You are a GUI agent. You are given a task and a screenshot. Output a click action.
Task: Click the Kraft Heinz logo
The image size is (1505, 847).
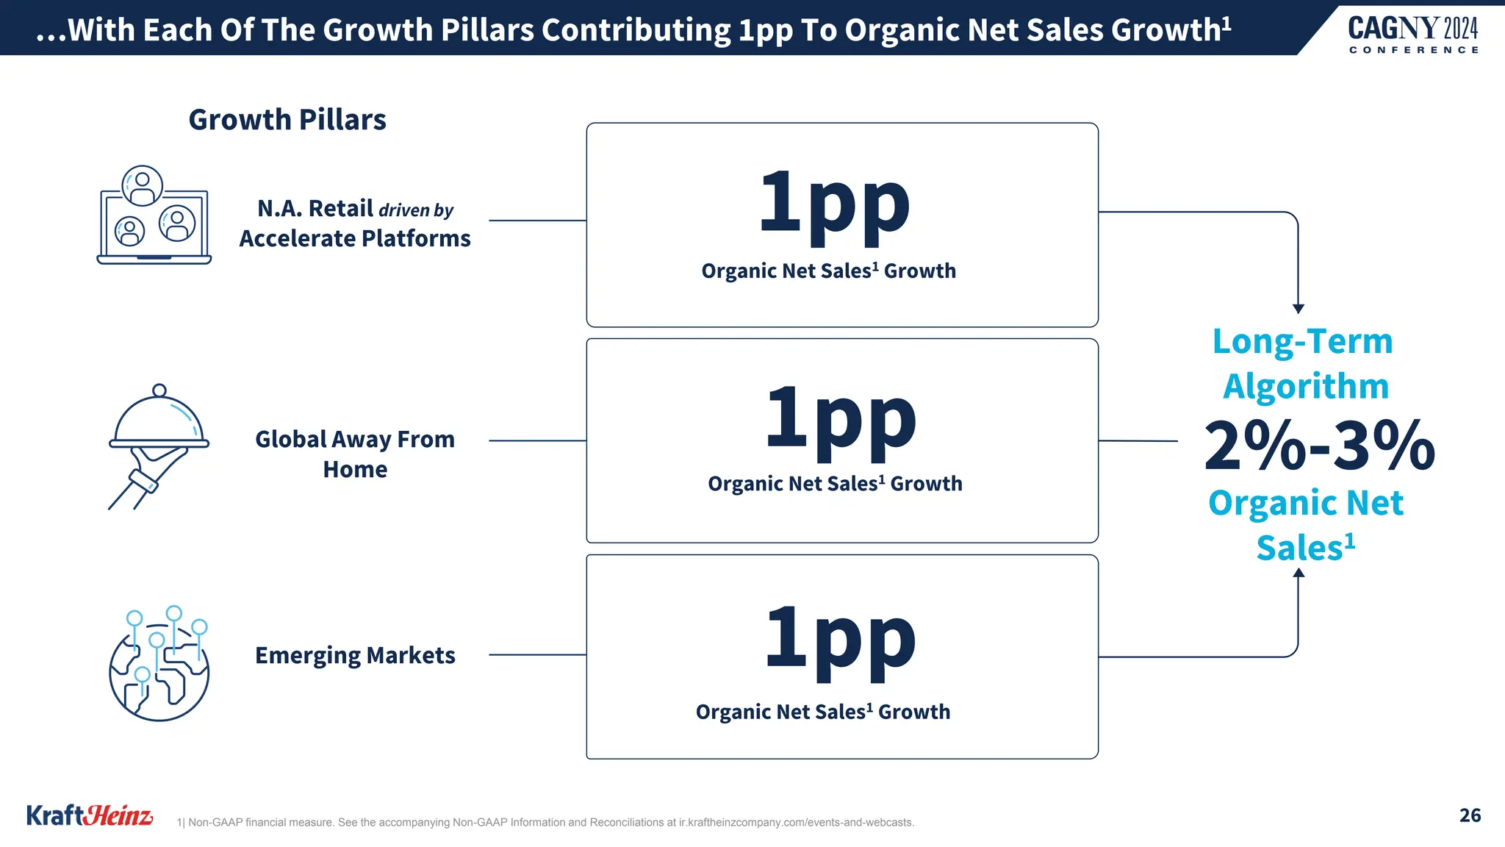[90, 815]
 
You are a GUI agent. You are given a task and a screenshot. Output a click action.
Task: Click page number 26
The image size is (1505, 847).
[1470, 815]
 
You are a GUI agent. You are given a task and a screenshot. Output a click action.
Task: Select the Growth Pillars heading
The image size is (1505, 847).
[287, 120]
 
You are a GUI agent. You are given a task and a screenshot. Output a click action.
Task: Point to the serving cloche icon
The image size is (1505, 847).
[159, 445]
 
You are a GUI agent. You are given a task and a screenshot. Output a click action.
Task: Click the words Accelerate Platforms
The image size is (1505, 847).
[355, 239]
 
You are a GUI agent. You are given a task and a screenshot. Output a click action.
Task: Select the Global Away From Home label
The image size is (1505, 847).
[355, 454]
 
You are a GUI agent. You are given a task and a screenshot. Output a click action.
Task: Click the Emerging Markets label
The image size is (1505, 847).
[355, 655]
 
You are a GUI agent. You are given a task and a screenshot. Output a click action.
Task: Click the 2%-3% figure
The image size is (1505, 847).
[1319, 446]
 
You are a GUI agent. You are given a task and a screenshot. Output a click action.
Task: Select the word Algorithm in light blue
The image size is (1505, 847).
[1306, 387]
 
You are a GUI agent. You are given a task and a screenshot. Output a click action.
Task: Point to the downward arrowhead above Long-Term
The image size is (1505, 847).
[1299, 309]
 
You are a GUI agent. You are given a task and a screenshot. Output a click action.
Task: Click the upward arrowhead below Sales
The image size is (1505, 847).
[1299, 573]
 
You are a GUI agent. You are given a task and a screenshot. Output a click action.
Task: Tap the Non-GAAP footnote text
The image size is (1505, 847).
[545, 823]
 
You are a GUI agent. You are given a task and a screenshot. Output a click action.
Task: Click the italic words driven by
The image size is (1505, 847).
[416, 211]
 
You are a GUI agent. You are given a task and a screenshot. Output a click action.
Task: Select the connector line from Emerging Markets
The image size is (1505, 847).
[537, 654]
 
